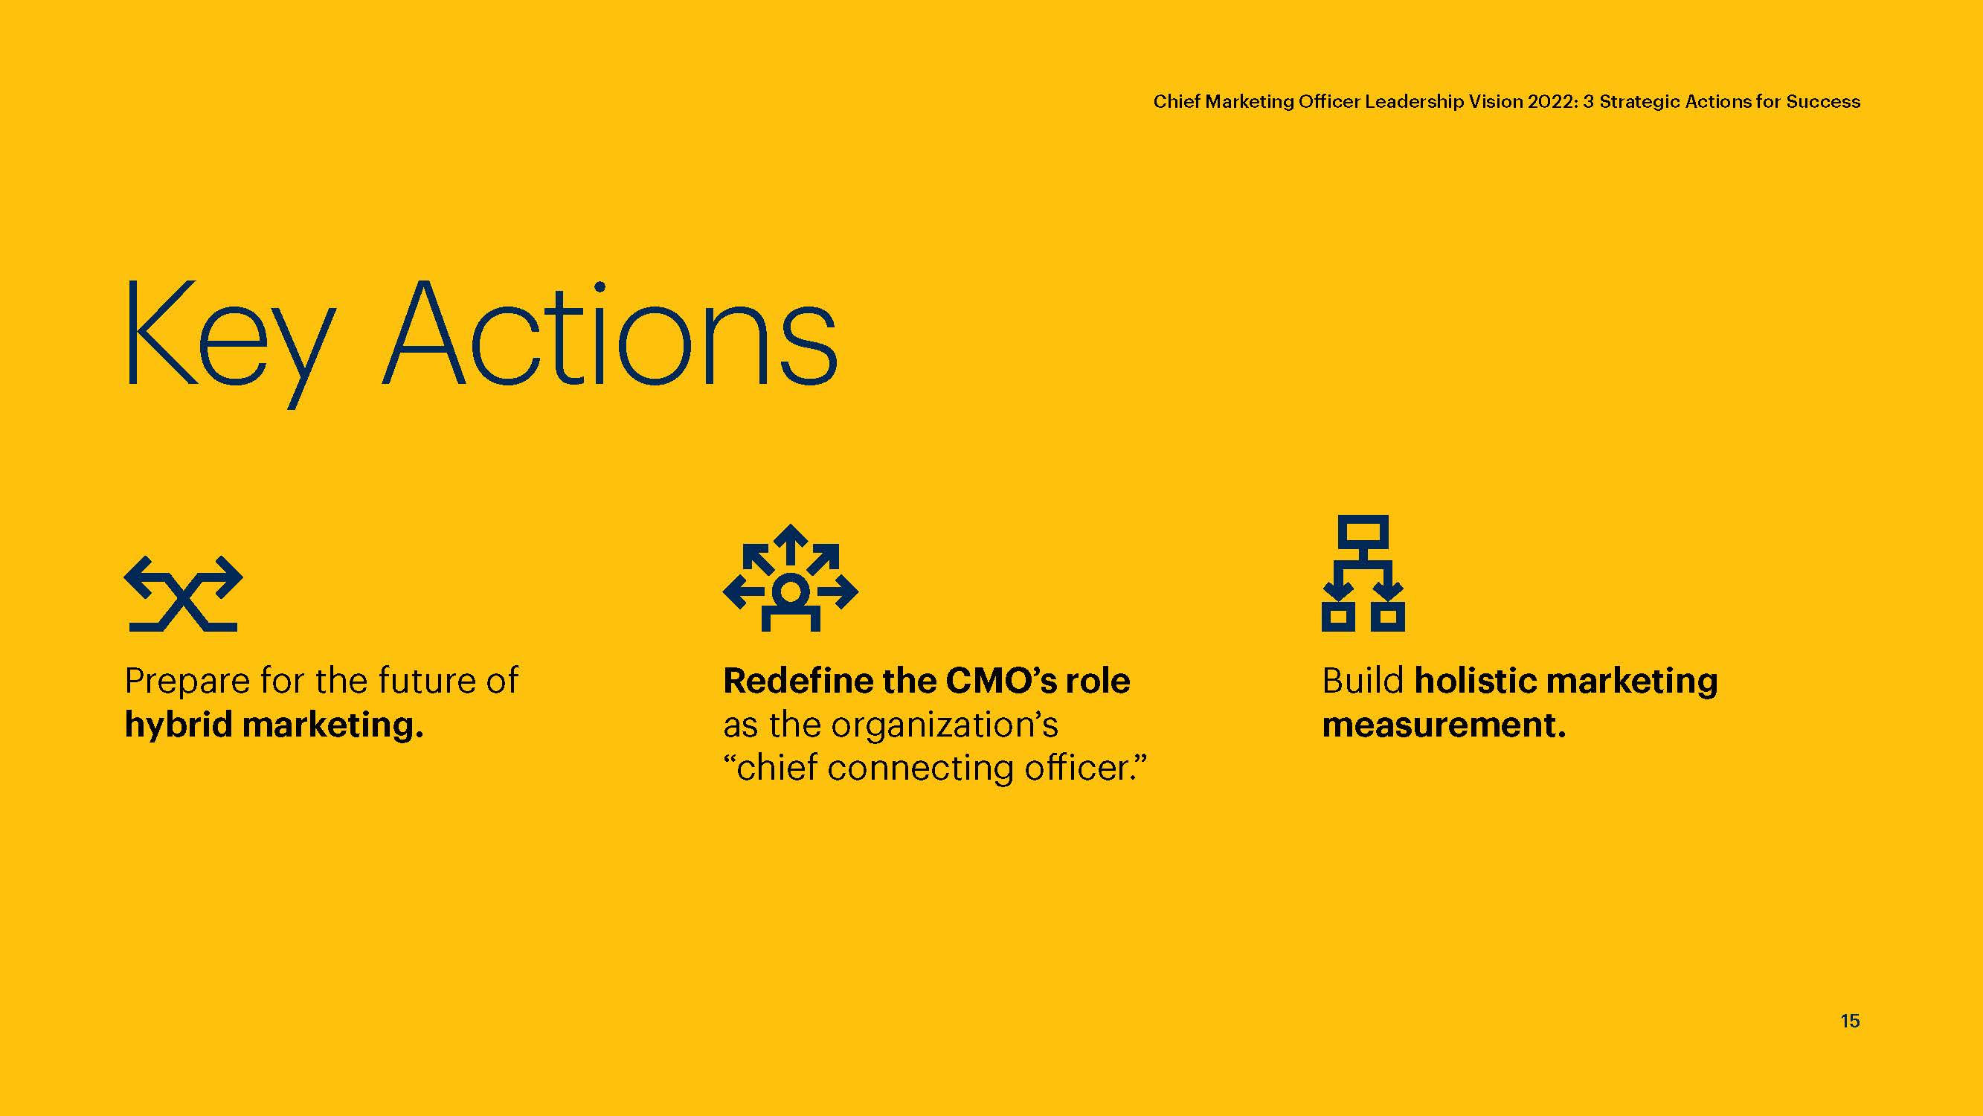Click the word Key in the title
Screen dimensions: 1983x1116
(x=230, y=343)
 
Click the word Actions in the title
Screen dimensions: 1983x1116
(x=610, y=333)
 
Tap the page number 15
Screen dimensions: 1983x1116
(x=1850, y=1021)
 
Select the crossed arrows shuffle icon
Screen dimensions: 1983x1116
(x=183, y=593)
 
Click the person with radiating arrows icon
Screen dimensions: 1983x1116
(x=791, y=577)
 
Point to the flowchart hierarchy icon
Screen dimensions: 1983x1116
(x=1363, y=573)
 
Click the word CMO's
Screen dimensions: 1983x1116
(x=1000, y=680)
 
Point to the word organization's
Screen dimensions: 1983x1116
(x=945, y=725)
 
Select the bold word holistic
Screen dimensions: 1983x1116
(x=1476, y=680)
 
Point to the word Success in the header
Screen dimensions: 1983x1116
(x=1823, y=102)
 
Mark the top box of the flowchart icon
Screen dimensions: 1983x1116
(x=1363, y=531)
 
